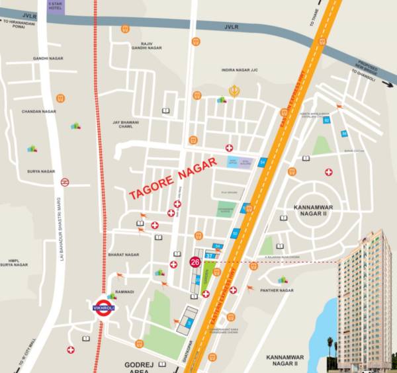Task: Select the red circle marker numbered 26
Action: (x=195, y=261)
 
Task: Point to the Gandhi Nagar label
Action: (x=48, y=58)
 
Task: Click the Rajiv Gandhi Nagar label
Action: (x=146, y=46)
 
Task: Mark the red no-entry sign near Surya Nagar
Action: (x=65, y=181)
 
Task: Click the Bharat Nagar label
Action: (x=123, y=254)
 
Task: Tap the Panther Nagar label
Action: (x=277, y=290)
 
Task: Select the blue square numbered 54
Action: (x=263, y=161)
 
